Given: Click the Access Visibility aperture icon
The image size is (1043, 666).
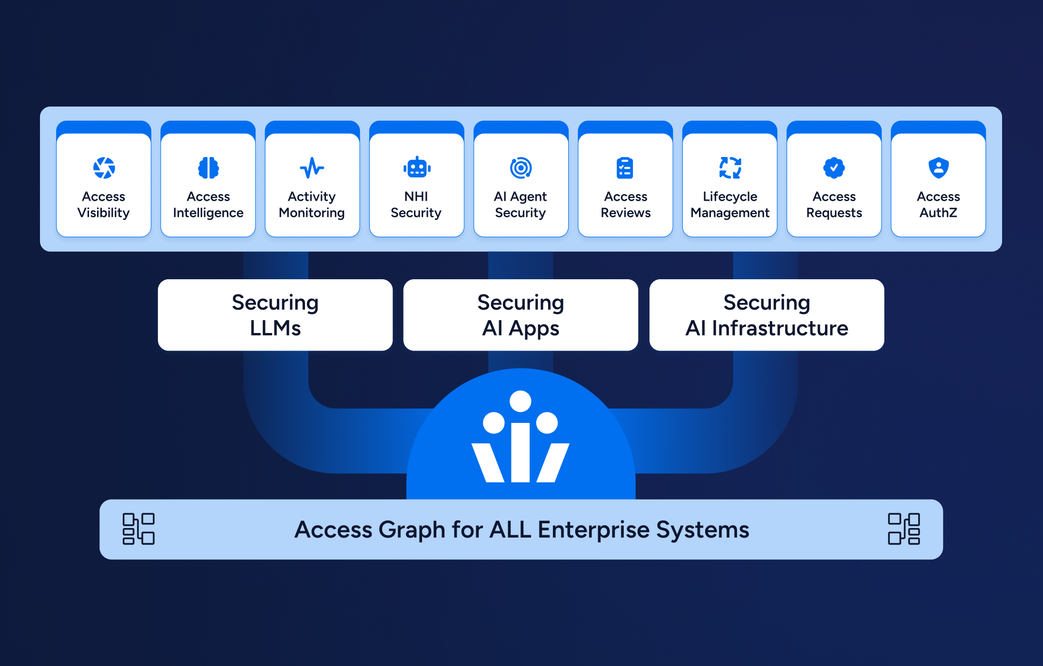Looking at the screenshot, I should (104, 168).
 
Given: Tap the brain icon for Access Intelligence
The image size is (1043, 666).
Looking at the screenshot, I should (208, 168).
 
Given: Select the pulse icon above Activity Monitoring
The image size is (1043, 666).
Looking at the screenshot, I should (312, 168).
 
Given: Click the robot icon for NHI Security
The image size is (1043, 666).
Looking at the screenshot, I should (417, 168).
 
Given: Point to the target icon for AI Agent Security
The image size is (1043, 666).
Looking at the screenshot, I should (521, 168).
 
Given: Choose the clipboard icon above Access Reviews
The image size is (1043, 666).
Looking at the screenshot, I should (625, 168).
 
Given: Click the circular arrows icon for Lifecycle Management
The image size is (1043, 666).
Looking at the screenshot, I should (730, 168).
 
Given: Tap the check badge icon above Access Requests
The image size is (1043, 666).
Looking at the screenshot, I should (834, 168).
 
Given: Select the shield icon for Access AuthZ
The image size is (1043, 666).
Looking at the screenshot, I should (938, 168).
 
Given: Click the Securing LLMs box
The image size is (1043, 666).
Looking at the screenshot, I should (275, 315).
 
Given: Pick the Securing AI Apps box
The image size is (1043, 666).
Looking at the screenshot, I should (521, 315).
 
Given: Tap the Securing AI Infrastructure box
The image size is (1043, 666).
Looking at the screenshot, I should (767, 315).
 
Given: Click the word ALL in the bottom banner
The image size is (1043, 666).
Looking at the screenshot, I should (510, 529).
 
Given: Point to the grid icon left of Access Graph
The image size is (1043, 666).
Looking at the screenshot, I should (138, 529).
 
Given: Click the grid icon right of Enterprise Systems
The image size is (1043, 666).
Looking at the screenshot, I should (904, 529).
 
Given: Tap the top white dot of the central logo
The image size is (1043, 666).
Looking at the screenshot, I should (521, 402).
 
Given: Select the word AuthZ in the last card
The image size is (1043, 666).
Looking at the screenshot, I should (938, 213).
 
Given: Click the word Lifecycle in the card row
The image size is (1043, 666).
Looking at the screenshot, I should (730, 196).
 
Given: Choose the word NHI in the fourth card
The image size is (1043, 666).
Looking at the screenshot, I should (416, 196).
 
